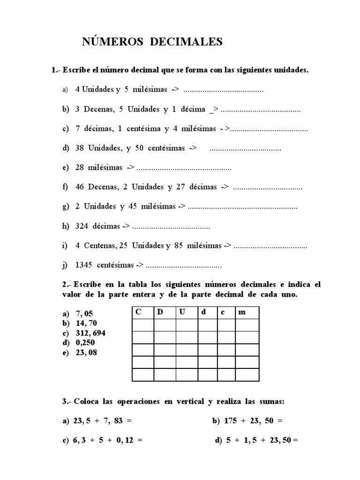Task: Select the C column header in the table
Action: pos(138,312)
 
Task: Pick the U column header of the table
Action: pos(182,312)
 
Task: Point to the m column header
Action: pos(242,312)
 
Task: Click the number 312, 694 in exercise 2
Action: pos(90,333)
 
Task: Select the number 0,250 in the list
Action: pos(85,343)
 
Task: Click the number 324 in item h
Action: pos(82,226)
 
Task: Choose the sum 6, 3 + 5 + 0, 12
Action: pos(106,441)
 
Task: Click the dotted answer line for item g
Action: pos(242,207)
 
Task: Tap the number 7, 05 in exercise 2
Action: pos(85,313)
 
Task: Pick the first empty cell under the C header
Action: pos(142,325)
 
